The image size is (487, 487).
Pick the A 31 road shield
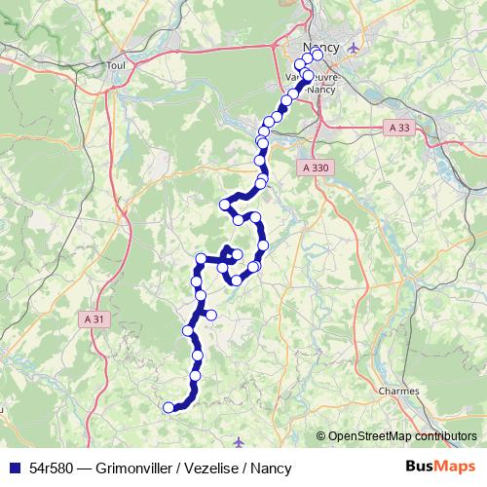[94, 318]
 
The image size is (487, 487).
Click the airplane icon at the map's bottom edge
[241, 443]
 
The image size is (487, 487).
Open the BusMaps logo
[440, 467]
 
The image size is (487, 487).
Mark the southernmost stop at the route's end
[169, 407]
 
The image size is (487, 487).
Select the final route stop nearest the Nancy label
[317, 56]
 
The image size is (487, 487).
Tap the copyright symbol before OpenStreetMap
[320, 436]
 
